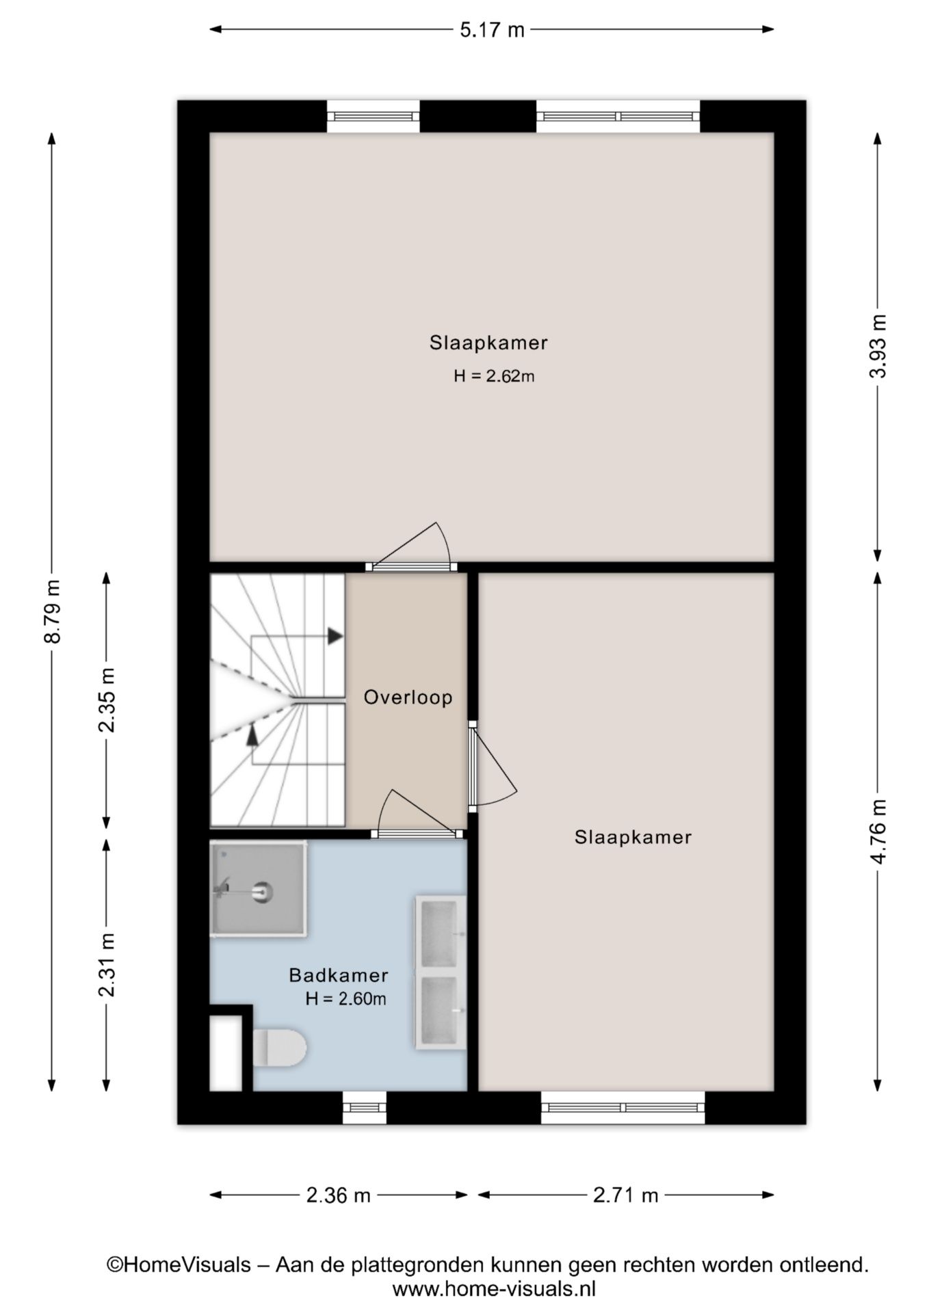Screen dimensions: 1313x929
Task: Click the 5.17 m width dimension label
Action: pos(491,29)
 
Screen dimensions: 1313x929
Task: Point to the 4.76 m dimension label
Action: pos(878,831)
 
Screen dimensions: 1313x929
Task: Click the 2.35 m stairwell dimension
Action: pos(106,699)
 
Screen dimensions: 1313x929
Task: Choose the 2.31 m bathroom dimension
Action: pos(106,964)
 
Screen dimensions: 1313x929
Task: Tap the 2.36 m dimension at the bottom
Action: pos(338,1195)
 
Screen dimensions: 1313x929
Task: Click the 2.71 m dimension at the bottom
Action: pos(625,1195)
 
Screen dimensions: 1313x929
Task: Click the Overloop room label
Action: pos(408,698)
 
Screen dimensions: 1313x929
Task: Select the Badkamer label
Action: pos(338,974)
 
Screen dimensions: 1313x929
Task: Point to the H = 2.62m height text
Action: pos(493,375)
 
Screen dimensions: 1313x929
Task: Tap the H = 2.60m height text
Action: pos(345,998)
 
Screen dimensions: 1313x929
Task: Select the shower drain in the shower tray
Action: pos(262,891)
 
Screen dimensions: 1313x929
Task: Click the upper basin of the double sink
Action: pos(439,933)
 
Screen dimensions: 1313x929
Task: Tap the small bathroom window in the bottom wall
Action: pos(364,1107)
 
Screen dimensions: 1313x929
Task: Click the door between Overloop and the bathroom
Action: pos(417,832)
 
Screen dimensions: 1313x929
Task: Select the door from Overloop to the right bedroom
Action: pos(473,766)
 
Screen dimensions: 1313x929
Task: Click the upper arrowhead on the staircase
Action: pos(335,636)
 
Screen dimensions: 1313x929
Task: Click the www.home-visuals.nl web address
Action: pos(493,1289)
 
